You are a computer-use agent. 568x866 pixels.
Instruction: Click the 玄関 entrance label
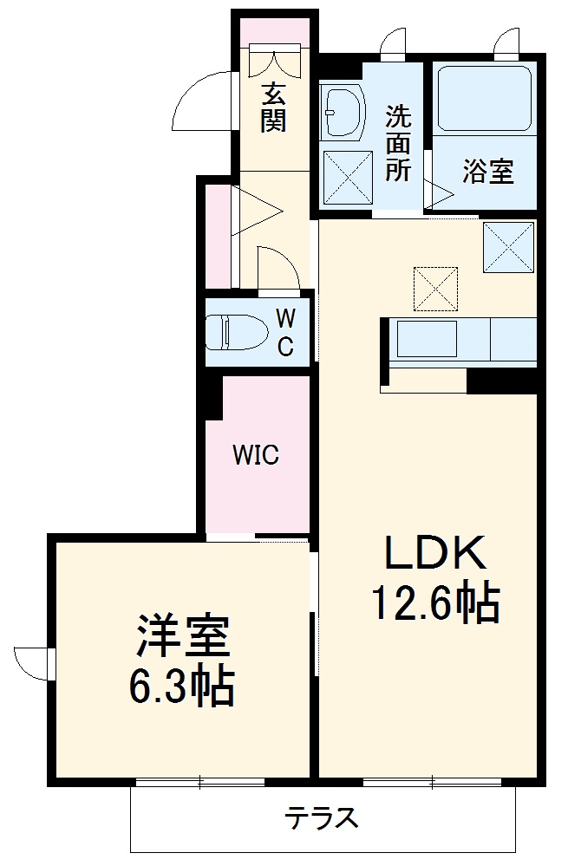click(273, 107)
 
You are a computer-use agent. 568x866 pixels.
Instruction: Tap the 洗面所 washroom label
click(398, 142)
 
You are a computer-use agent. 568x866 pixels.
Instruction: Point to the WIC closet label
click(256, 454)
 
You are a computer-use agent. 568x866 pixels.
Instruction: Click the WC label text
click(284, 332)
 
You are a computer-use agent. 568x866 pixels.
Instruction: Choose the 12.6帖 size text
click(435, 602)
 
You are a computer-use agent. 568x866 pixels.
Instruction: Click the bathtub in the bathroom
click(484, 97)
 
